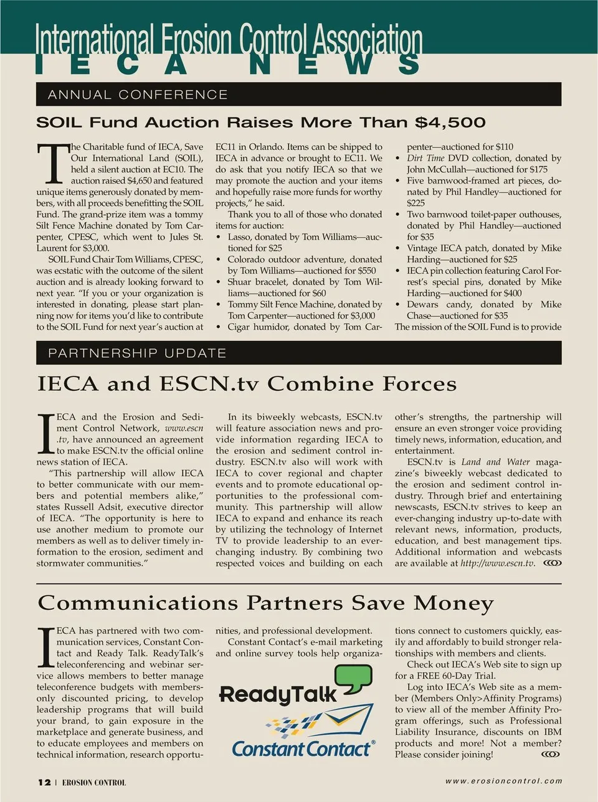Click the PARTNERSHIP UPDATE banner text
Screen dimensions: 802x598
137,353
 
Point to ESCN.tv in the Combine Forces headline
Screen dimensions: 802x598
209,384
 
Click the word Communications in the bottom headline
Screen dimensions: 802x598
137,603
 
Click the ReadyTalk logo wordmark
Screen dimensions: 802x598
278,694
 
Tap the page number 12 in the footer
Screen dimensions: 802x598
44,782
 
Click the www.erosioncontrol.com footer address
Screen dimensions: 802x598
503,781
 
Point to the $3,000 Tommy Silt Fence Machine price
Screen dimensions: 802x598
361,315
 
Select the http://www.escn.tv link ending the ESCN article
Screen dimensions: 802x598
497,563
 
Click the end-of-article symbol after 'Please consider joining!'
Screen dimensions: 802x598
551,754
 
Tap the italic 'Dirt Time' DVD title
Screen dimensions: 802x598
425,158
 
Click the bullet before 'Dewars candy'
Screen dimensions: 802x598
398,305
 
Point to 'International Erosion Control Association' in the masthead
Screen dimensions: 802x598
229,39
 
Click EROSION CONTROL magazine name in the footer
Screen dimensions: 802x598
93,783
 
